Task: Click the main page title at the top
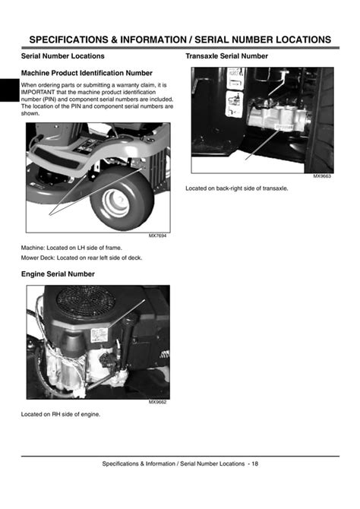[180, 40]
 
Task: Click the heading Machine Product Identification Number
[87, 73]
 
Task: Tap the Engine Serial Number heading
[58, 274]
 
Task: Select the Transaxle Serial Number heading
[226, 56]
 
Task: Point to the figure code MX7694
[157, 236]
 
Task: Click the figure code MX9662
[157, 402]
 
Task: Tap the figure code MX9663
[322, 176]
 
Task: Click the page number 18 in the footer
[255, 463]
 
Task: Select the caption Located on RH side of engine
[61, 414]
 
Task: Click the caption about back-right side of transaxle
[237, 188]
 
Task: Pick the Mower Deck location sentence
[81, 258]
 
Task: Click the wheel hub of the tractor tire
[115, 203]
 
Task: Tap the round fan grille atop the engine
[86, 302]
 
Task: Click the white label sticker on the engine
[99, 335]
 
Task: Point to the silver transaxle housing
[277, 117]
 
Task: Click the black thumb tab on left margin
[10, 90]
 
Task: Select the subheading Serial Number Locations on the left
[62, 56]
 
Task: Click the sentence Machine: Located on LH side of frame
[71, 248]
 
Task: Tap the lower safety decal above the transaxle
[234, 104]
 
